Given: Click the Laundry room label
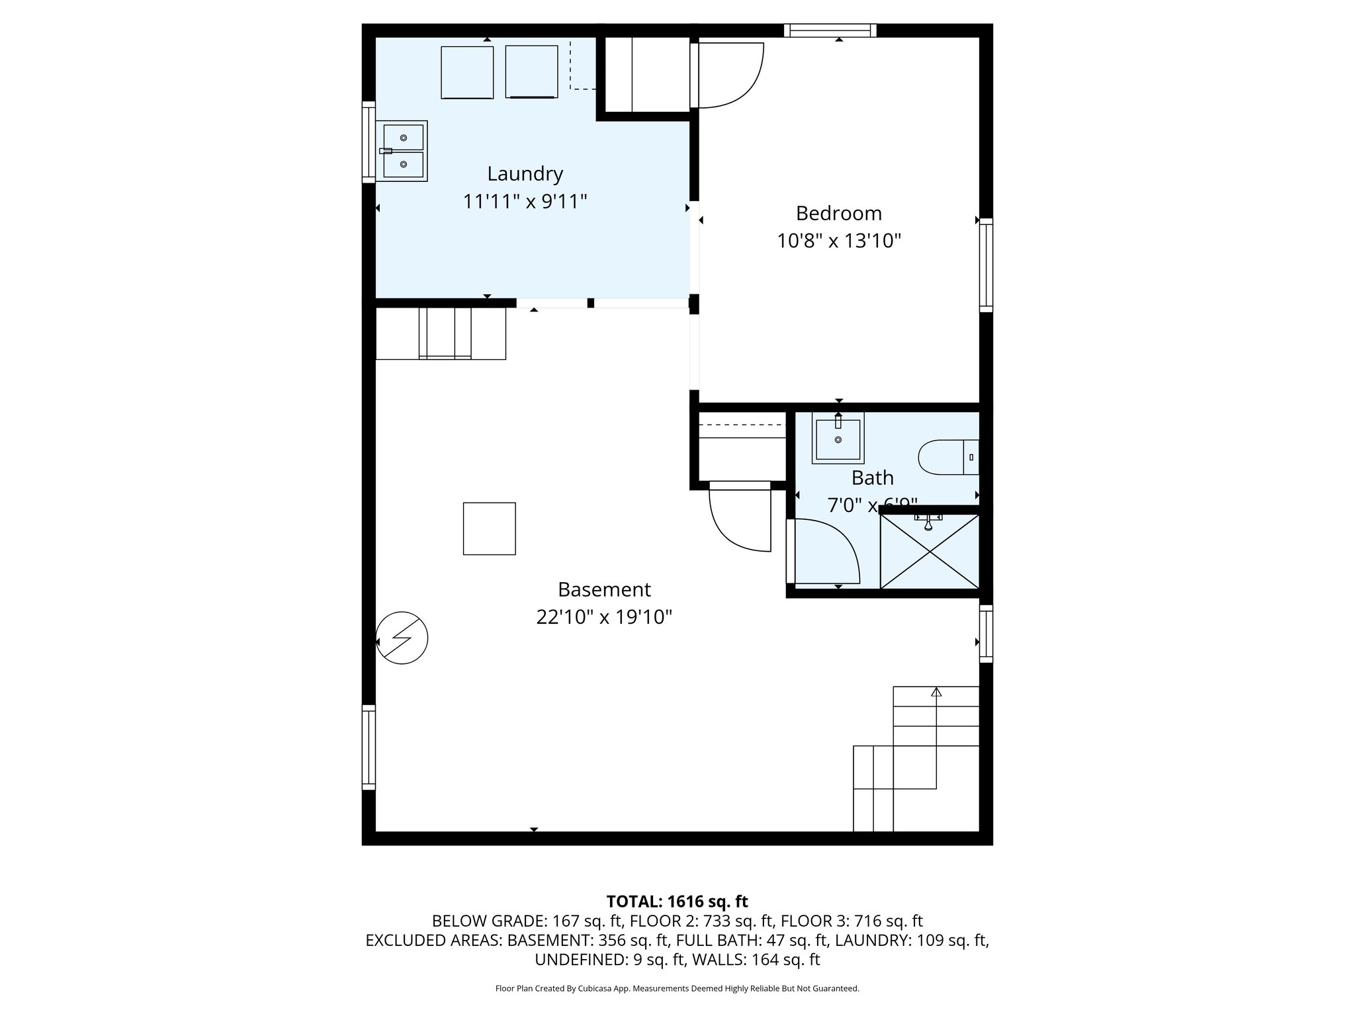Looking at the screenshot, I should point(525,174).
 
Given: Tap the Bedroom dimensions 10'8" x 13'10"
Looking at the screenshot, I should point(838,241).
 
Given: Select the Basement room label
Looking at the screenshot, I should point(604,589).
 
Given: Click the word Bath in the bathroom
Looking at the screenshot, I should point(872,478).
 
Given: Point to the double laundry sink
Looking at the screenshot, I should point(402,151).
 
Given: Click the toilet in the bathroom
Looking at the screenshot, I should point(947,457).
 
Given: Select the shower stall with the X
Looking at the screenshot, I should point(929,552).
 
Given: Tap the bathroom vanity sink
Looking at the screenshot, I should point(838,438).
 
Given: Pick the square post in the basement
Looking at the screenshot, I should point(489,529).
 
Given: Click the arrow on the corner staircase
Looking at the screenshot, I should point(936,693).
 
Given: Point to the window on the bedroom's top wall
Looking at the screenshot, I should point(830,30).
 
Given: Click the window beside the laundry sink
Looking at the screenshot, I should point(369,142).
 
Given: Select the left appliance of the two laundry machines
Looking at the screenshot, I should point(467,72).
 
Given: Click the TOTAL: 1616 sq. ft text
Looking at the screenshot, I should point(677,902).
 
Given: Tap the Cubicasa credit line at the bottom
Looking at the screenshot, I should point(677,988).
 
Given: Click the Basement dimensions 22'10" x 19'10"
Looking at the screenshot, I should point(604,617).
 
